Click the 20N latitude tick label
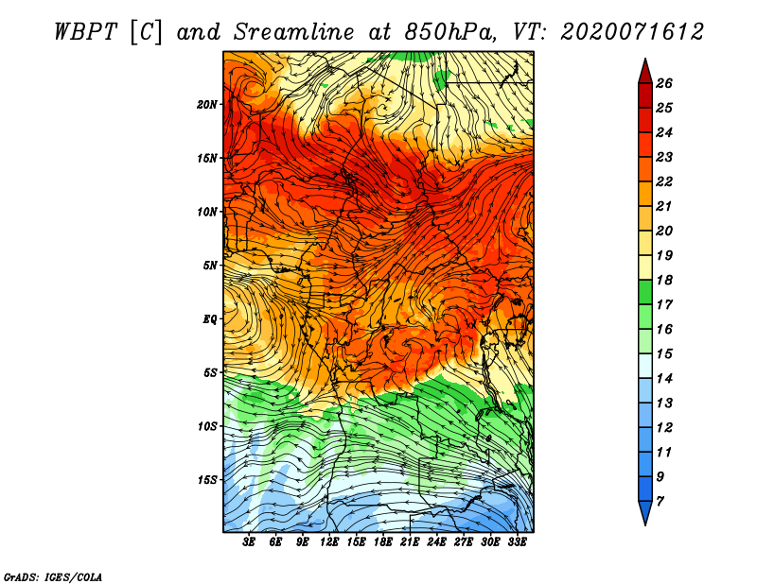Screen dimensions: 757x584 click(x=207, y=105)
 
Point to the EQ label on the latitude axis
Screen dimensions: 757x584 click(x=210, y=319)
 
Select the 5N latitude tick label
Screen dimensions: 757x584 click(x=210, y=266)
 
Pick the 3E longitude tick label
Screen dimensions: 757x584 click(x=249, y=541)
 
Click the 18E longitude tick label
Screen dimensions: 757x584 click(x=383, y=541)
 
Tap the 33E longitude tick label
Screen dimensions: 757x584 click(x=517, y=541)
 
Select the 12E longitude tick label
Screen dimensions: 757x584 click(x=329, y=541)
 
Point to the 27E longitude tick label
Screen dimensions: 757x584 click(x=464, y=541)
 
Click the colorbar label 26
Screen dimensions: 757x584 click(x=664, y=83)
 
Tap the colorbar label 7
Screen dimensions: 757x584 click(x=660, y=502)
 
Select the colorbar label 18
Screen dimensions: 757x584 click(x=664, y=280)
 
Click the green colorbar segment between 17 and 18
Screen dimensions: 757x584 click(x=645, y=292)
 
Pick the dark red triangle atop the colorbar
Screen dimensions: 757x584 click(x=645, y=72)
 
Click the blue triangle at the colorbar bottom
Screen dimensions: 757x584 click(x=645, y=513)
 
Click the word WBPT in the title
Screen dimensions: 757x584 click(x=86, y=32)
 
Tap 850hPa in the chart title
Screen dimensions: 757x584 click(x=450, y=32)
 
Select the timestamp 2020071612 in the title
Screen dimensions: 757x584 click(x=632, y=32)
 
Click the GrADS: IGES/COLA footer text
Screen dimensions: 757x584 click(x=53, y=577)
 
